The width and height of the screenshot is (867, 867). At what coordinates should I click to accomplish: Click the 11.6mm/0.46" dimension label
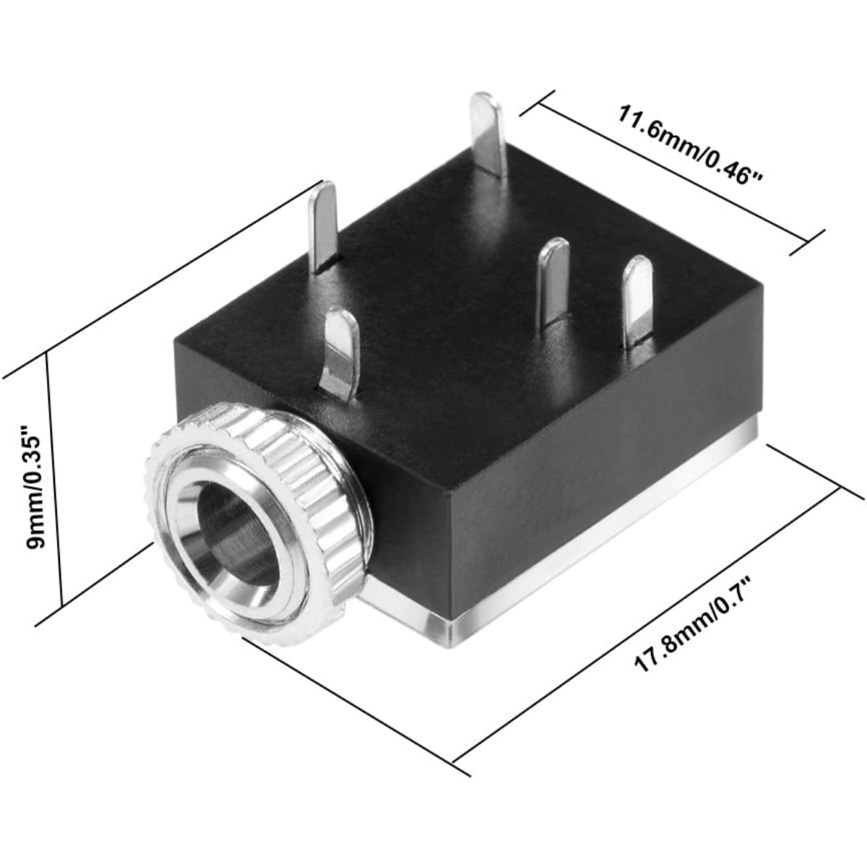(690, 145)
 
